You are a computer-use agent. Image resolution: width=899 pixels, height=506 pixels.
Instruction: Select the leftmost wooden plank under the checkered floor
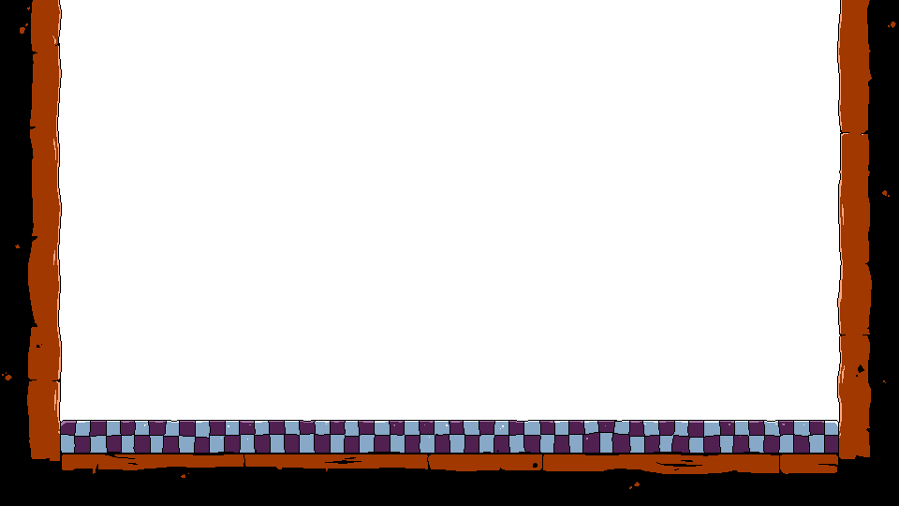pos(150,461)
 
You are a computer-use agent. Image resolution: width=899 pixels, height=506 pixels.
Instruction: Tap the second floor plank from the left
pos(335,461)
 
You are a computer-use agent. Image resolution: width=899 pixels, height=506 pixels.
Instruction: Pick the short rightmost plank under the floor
pos(809,463)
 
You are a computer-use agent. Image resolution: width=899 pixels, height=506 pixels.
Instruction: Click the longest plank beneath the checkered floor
pos(660,463)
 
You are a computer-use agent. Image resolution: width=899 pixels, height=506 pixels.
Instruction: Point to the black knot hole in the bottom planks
pos(535,465)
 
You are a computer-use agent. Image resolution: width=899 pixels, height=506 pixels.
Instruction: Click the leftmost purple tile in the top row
pos(67,428)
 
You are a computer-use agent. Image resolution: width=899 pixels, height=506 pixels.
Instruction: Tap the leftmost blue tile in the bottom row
pos(67,444)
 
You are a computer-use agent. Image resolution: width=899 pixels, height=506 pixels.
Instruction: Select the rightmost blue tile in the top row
pos(831,428)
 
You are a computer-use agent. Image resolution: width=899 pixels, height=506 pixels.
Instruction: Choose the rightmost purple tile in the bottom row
pos(831,444)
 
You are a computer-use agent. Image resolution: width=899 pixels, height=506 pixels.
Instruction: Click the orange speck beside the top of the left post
pos(22,30)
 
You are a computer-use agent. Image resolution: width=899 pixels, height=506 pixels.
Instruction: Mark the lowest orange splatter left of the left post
pos(7,377)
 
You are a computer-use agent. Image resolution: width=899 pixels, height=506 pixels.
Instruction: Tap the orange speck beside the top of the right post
pos(892,24)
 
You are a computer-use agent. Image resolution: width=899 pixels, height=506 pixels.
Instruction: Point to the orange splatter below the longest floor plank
pos(635,485)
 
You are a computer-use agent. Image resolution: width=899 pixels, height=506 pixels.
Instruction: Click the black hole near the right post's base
pos(860,369)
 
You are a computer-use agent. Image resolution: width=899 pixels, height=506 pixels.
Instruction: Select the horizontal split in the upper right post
pos(854,133)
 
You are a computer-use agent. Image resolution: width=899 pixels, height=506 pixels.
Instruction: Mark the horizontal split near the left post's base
pos(43,380)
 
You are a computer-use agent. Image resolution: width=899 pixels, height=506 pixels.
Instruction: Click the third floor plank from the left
pos(485,462)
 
